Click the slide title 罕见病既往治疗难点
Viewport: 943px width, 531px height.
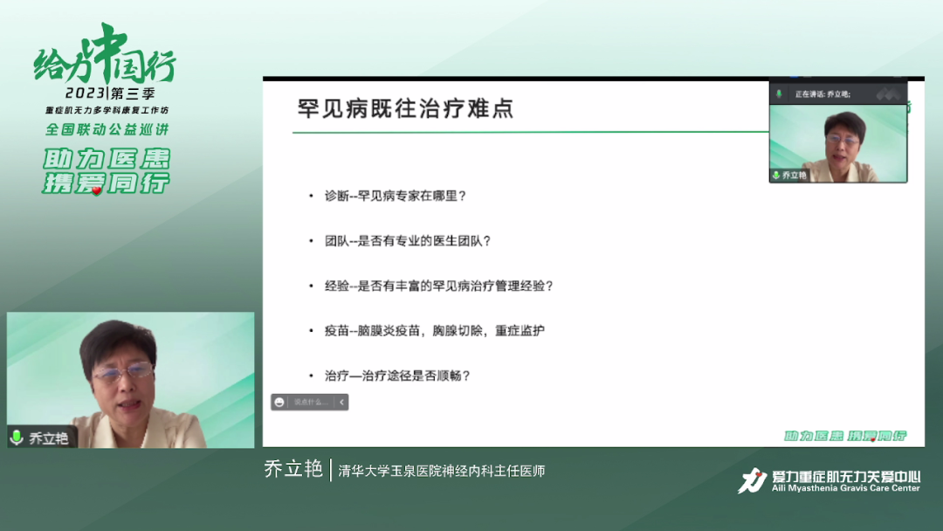[405, 108]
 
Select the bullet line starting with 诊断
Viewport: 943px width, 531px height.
[395, 196]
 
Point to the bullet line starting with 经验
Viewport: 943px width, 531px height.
[438, 286]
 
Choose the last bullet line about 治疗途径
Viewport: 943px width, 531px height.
[397, 376]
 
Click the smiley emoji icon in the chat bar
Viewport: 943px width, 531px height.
[279, 402]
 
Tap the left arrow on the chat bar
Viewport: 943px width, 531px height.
[341, 402]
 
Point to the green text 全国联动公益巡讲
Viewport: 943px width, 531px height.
[107, 129]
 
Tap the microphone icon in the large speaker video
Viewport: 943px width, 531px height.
[17, 438]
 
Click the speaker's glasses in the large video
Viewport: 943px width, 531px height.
[123, 373]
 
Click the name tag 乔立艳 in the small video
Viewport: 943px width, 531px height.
[795, 176]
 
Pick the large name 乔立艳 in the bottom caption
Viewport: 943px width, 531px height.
[293, 469]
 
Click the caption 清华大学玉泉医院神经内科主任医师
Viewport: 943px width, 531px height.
[442, 471]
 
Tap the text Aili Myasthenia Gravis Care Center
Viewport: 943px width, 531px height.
[845, 488]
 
